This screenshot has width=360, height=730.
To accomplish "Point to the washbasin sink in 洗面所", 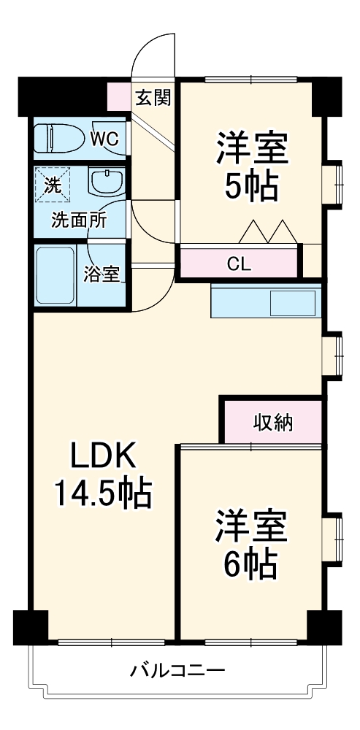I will [107, 182].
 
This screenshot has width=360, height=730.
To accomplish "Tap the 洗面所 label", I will [78, 219].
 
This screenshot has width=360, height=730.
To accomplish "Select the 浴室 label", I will [101, 275].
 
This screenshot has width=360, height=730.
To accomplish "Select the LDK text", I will [102, 458].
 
